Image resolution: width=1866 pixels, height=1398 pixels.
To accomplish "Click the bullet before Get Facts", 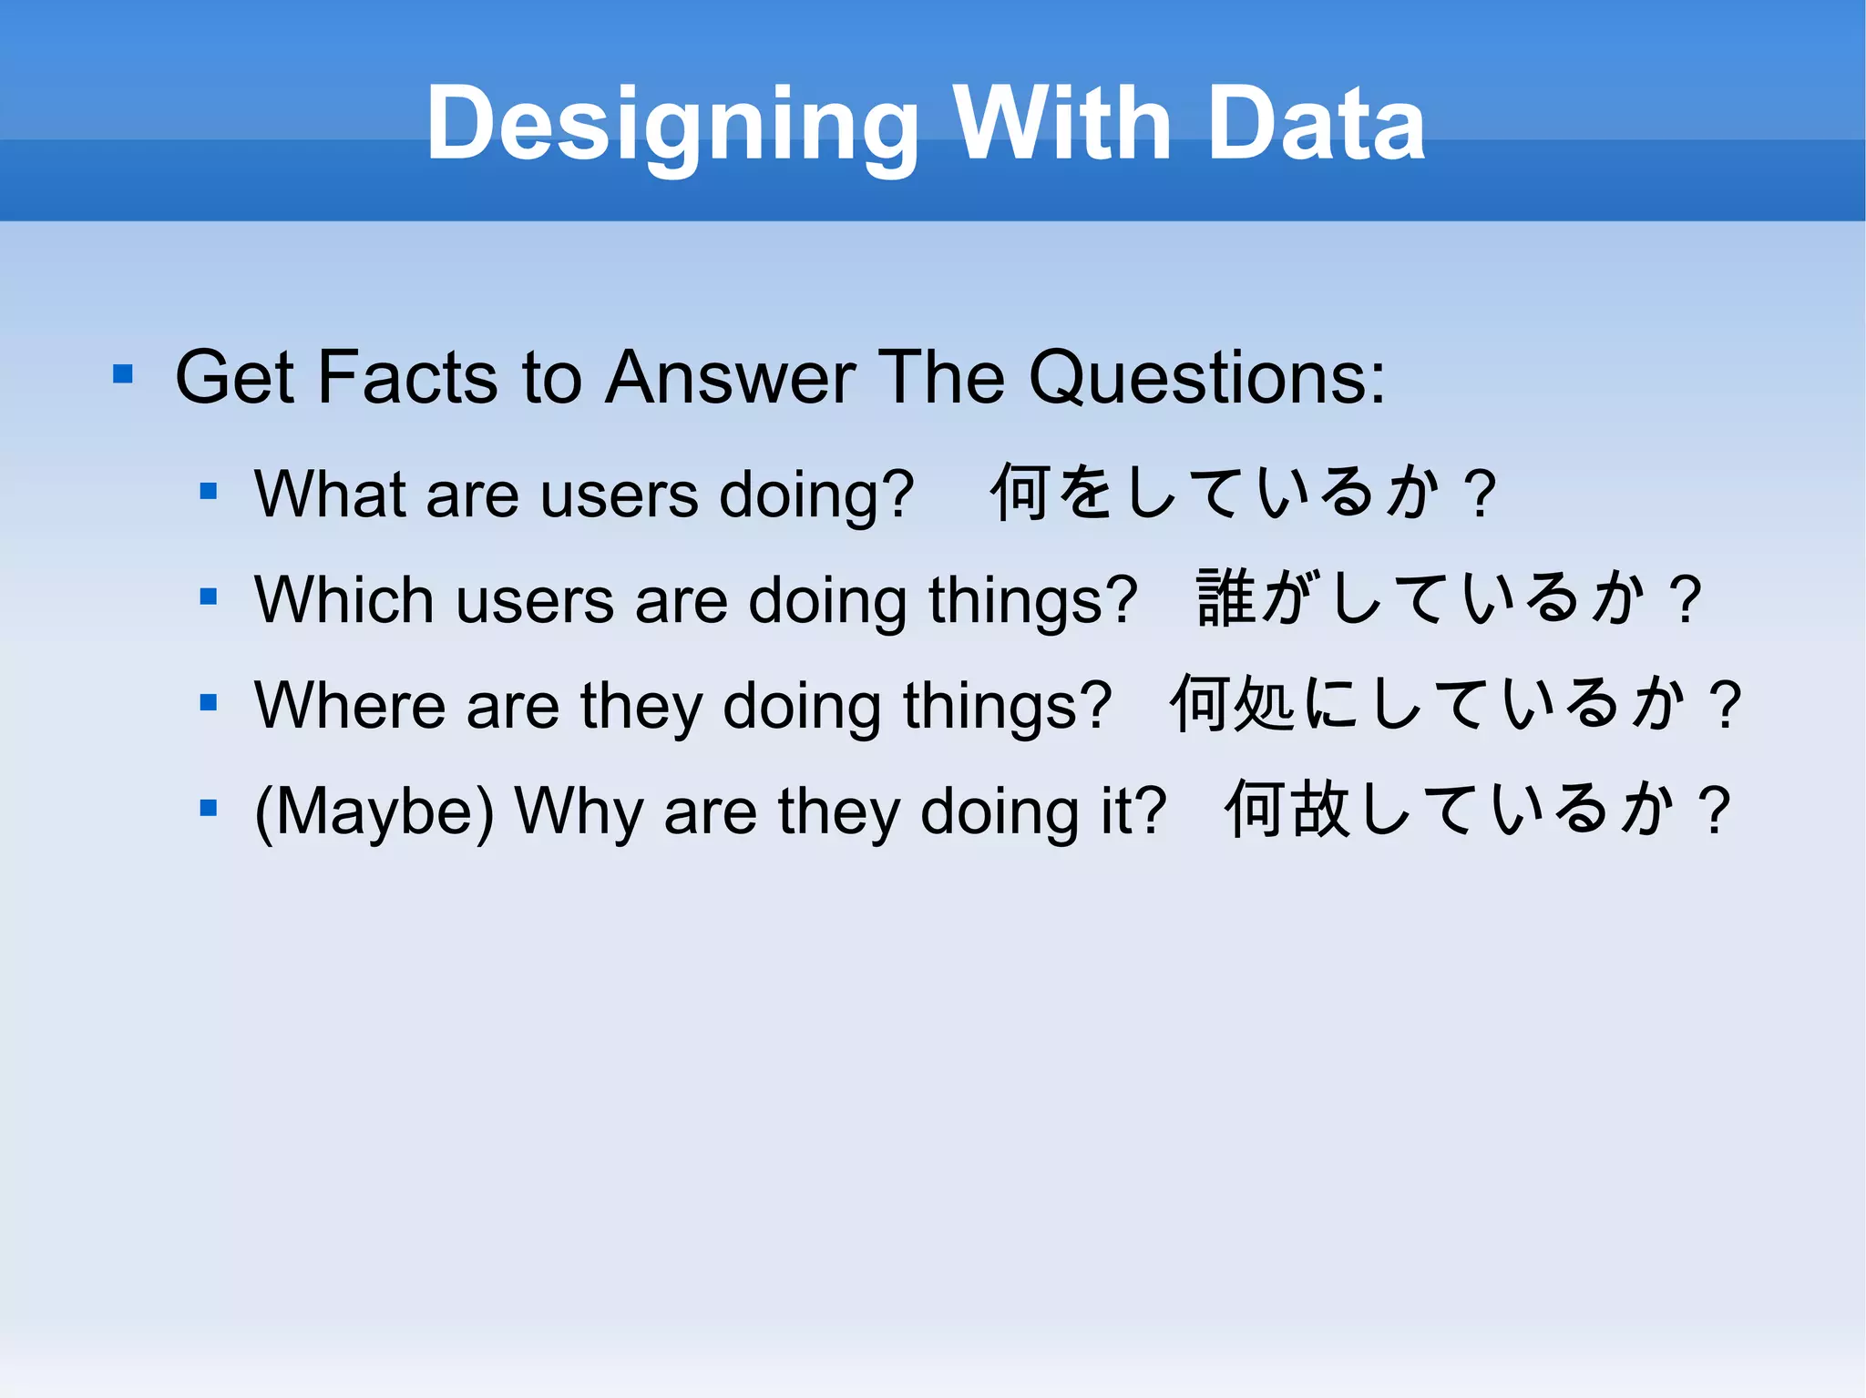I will (x=123, y=374).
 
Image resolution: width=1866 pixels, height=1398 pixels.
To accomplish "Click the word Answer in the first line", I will (x=730, y=377).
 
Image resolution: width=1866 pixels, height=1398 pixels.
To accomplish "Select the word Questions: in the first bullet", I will (x=1206, y=377).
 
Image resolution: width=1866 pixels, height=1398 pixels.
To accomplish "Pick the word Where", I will (x=350, y=706).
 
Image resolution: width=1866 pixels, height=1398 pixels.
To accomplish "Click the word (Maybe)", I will (x=374, y=811).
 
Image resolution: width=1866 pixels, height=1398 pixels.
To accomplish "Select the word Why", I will (x=579, y=811).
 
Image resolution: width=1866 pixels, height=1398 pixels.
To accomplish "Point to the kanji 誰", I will (x=1225, y=598).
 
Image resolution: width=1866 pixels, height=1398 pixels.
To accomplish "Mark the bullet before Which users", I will (x=209, y=597).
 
